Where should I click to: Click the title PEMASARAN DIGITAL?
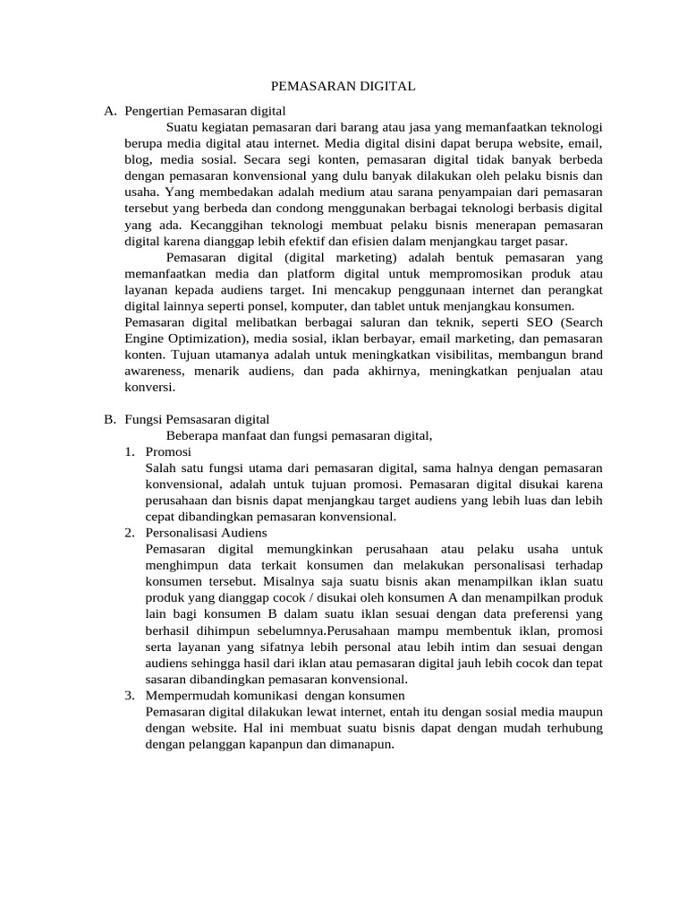pos(343,87)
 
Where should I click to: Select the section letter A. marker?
pos(110,111)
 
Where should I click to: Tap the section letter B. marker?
pos(110,419)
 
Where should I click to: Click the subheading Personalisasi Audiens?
pos(205,532)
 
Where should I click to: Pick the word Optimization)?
pos(207,339)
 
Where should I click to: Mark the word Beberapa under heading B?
pos(193,435)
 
